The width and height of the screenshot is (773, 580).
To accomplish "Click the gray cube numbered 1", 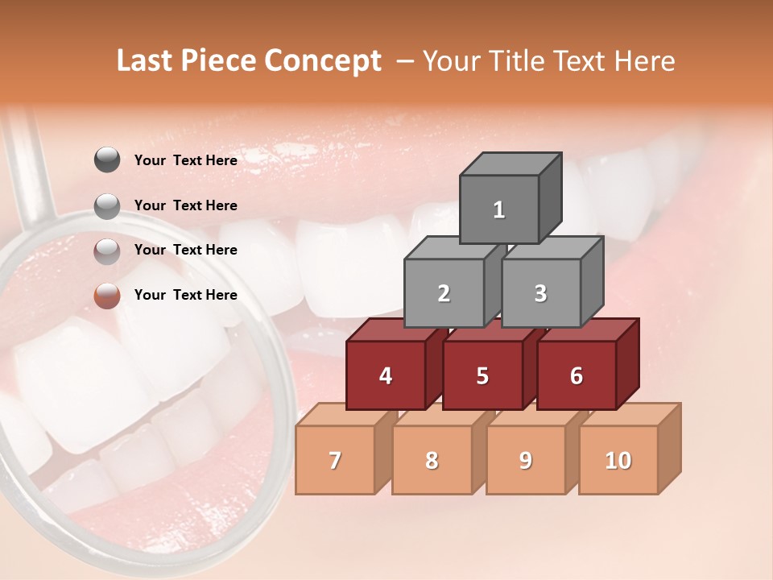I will (x=499, y=209).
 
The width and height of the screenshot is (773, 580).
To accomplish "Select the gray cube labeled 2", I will (x=444, y=293).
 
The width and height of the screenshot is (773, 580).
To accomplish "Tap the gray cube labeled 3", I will (x=540, y=293).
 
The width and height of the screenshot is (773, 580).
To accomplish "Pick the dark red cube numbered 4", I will (x=386, y=375).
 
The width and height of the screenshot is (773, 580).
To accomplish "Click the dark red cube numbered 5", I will (x=482, y=375).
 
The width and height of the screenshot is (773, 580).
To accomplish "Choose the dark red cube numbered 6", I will (x=577, y=375).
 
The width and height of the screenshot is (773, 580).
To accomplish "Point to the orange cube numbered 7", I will (x=335, y=460).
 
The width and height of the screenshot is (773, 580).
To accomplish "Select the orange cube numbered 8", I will (x=432, y=460).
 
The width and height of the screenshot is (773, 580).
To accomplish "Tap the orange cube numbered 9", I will (x=526, y=460).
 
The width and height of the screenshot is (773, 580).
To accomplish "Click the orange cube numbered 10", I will (x=618, y=460).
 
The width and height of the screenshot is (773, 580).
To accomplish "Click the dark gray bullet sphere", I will (x=107, y=160).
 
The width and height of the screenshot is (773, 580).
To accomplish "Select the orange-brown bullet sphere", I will (x=107, y=296).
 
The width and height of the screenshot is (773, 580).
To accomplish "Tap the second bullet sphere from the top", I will (x=107, y=206).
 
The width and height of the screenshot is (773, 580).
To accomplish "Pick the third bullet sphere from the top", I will (x=107, y=251).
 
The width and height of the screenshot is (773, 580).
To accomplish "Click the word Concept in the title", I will (x=323, y=61).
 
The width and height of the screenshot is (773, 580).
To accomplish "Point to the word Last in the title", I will (x=146, y=61).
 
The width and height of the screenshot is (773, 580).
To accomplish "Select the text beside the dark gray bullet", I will (x=186, y=160).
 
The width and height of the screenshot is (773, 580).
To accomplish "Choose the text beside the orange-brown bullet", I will (x=186, y=295).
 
